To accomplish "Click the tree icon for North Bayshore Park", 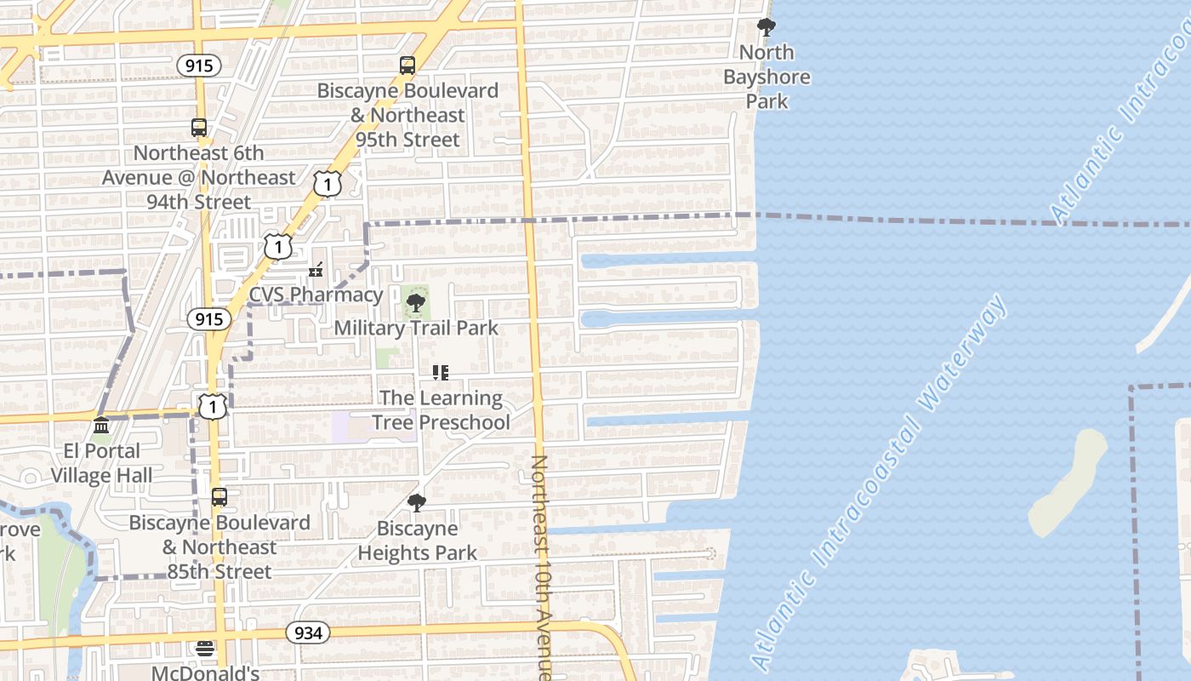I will (766, 27).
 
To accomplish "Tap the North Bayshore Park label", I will (766, 77).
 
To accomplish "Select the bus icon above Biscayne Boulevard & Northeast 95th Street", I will (407, 66).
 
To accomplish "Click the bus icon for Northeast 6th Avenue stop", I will (199, 128).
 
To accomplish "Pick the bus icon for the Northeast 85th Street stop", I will (219, 497).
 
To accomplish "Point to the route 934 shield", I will (307, 632).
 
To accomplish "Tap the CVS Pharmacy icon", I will (316, 270).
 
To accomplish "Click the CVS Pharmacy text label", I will (316, 295).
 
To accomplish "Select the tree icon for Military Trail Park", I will (416, 303).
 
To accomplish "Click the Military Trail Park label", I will (416, 328).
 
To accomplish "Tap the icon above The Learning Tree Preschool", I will (441, 372).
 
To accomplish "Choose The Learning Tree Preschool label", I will (441, 409).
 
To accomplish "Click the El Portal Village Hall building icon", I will (101, 426).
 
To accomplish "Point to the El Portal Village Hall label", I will (101, 462).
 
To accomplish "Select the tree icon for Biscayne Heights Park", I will (417, 503).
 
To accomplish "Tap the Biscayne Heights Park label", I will (417, 541).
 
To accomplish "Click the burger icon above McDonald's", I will (205, 649).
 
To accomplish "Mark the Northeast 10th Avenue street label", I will (541, 566).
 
